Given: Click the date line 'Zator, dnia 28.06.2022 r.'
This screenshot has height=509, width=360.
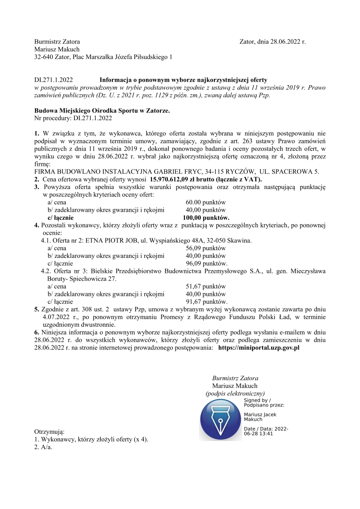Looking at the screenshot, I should click(272, 42).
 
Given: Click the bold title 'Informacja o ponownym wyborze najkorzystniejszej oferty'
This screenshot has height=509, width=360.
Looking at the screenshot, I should click(184, 79).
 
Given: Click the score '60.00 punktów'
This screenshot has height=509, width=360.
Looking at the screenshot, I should click(205, 202).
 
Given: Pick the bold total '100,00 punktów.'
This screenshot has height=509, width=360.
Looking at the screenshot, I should click(206, 218).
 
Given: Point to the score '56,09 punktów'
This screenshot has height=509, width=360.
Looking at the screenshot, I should click(205, 248).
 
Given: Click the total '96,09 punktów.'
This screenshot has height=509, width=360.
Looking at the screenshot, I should click(206, 264).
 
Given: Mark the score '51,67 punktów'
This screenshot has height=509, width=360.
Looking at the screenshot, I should click(205, 286).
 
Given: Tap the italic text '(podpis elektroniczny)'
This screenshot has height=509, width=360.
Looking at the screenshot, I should click(235, 393).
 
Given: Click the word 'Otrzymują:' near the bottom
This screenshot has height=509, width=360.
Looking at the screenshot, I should click(49, 431).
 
